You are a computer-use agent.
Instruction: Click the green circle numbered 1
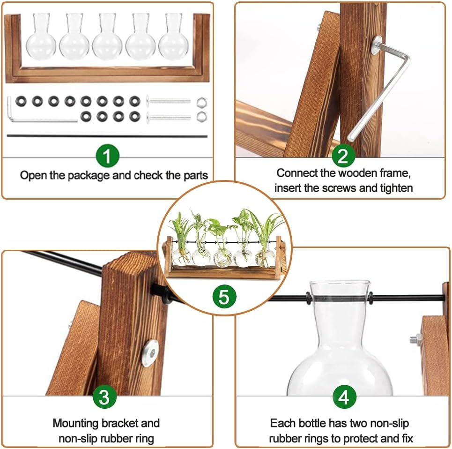107,156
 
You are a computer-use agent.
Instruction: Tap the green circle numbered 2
343,156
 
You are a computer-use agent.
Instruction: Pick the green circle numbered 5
224,297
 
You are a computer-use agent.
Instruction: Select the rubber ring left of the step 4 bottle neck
308,298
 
